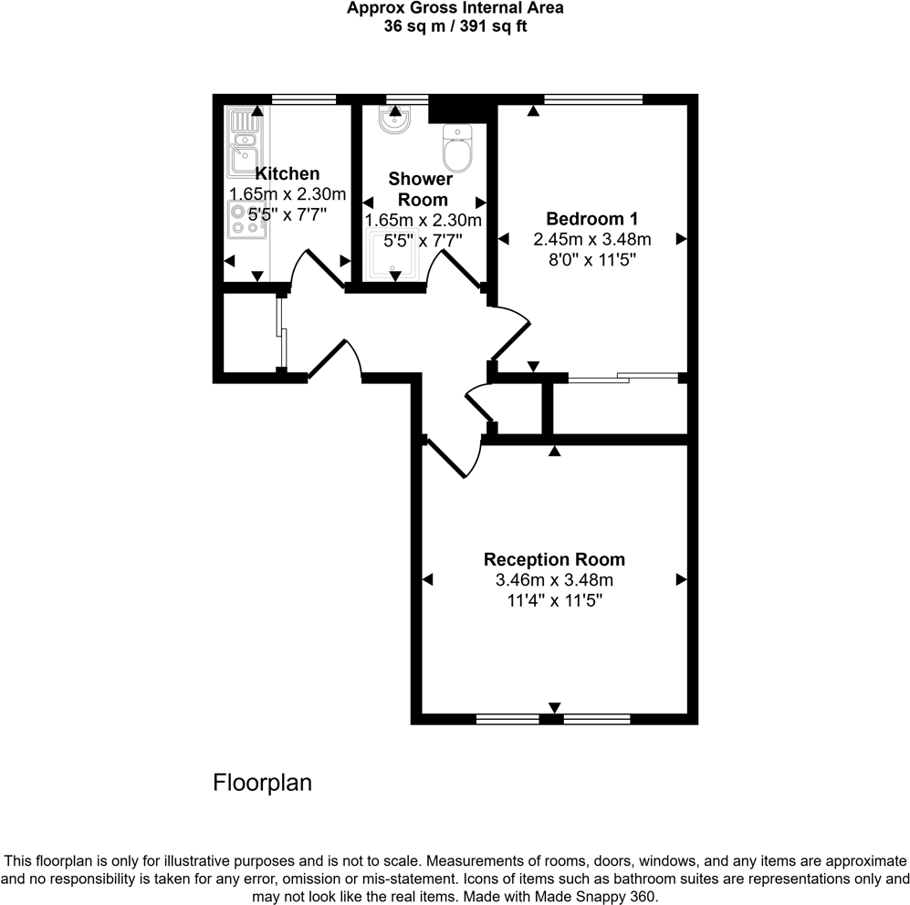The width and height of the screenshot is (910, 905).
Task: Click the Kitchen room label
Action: point(288,173)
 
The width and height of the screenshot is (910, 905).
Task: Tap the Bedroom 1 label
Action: point(591,219)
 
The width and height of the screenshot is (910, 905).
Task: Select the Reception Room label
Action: point(554,559)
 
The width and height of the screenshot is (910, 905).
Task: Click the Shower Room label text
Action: point(420,189)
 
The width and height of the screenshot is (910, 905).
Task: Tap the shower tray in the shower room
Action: point(394,255)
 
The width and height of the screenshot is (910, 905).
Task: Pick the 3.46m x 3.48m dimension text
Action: point(554,580)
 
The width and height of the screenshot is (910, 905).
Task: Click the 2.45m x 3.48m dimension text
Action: point(591,240)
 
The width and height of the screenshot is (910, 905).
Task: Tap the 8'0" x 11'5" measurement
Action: point(591,260)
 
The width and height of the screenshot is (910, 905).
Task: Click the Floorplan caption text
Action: point(263,783)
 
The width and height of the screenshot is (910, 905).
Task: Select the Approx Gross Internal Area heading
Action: point(455,8)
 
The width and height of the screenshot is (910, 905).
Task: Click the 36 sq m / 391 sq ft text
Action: point(455,26)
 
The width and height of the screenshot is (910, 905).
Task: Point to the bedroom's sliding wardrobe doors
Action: point(623,377)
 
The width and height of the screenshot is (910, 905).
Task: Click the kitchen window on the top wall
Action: point(304,98)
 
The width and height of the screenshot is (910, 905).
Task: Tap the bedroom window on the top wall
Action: point(592,98)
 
